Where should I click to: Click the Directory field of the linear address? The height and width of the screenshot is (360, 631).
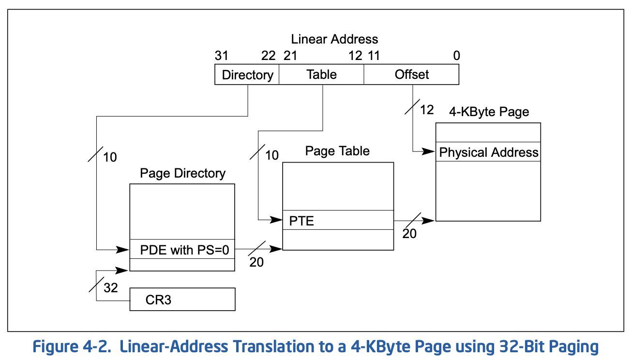point(247,75)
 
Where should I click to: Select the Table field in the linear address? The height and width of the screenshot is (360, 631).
point(321,75)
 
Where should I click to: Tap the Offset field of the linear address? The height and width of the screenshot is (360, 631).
point(411,75)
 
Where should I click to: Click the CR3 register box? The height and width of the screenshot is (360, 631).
point(182,300)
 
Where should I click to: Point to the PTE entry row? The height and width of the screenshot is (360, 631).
point(338,220)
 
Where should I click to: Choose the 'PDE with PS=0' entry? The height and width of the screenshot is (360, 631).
point(182,249)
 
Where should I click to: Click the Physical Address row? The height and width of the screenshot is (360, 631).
point(488,152)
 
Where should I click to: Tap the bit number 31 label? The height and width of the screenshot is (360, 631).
point(222,56)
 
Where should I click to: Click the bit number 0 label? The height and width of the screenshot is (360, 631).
point(457,56)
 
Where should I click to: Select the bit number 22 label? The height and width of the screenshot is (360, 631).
point(268,56)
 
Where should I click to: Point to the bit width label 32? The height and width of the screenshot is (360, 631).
point(111,287)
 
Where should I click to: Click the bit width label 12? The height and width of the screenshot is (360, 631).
point(427,110)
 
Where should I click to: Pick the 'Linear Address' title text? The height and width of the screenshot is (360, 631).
point(334,39)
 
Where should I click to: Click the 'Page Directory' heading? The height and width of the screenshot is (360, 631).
point(182,173)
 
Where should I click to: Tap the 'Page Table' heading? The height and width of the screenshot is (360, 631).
point(337,151)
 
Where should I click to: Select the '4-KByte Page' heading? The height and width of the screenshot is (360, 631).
point(489,112)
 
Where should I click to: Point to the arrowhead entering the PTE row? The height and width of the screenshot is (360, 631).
point(276,220)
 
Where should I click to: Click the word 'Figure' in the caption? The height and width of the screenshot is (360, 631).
point(56,346)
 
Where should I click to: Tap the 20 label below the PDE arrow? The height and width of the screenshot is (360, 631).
point(256,262)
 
